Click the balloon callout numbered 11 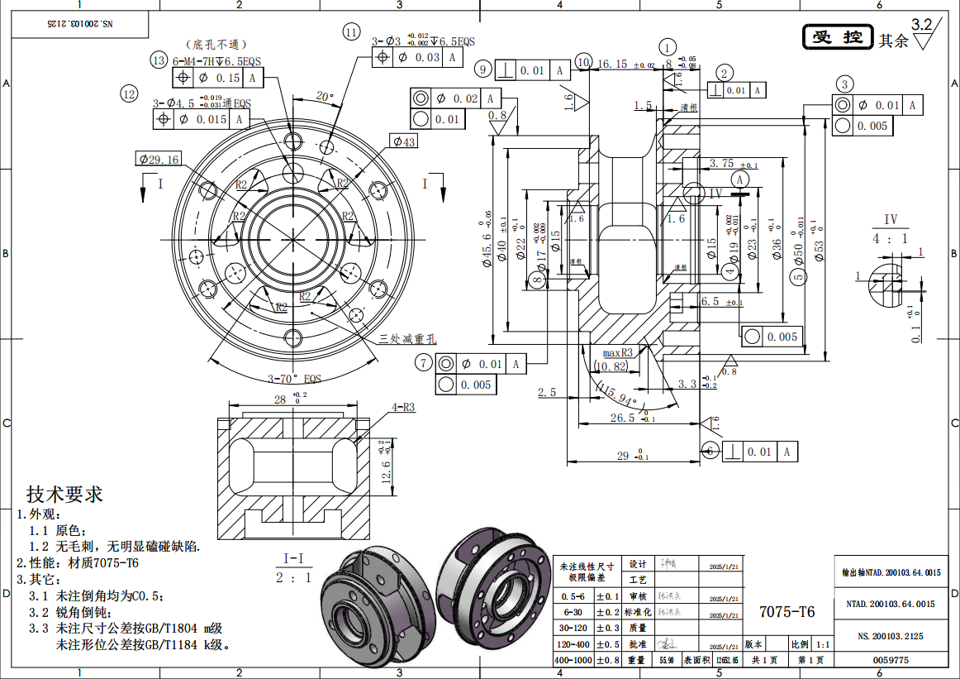[x=353, y=32]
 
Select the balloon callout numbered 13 [x=159, y=60]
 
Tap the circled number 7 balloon [x=424, y=363]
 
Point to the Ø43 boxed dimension [x=404, y=142]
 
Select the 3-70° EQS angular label [x=293, y=378]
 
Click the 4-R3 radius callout [x=403, y=407]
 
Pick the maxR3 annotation [x=616, y=352]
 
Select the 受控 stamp [x=838, y=37]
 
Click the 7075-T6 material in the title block [x=787, y=611]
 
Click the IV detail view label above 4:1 [x=890, y=219]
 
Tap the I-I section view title [x=293, y=558]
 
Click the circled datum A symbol [x=739, y=179]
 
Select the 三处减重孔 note [x=407, y=338]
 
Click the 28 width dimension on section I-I [x=280, y=399]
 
